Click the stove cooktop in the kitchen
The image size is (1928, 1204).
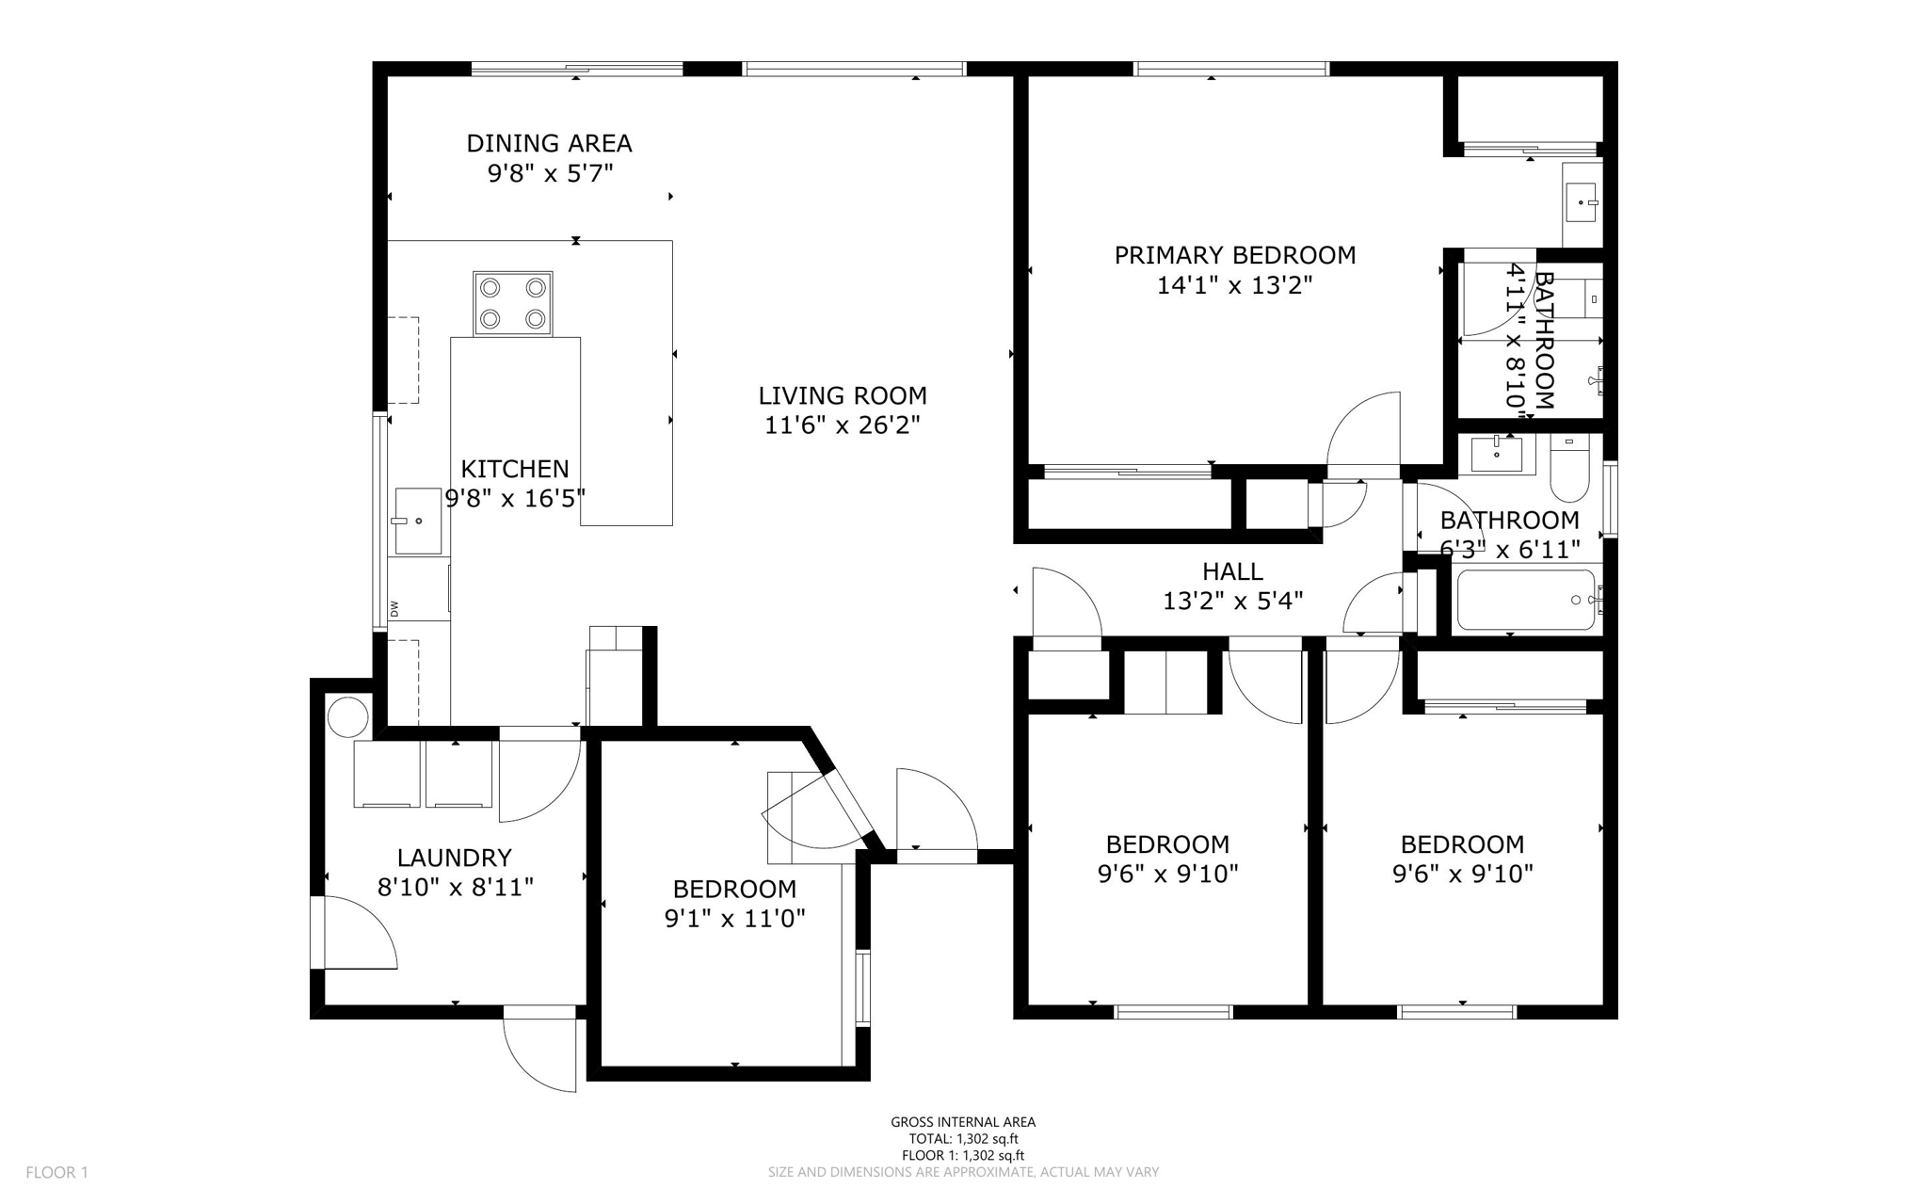[513, 303]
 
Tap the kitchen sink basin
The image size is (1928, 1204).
[418, 521]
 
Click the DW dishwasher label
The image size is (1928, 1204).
[394, 609]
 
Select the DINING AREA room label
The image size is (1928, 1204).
[549, 143]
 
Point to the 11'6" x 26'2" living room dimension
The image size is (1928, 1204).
[842, 425]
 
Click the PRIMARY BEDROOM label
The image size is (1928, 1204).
[1234, 255]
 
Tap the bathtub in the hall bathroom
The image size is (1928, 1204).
[1525, 600]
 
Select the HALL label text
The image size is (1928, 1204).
[1232, 571]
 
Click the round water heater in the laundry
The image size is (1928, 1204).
[347, 716]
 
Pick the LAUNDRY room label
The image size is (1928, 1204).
[454, 858]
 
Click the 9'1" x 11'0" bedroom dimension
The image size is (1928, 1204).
[734, 919]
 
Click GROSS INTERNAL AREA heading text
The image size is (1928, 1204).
[962, 1122]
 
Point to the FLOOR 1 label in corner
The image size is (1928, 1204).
[56, 1173]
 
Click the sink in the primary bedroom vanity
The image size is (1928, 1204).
[1582, 202]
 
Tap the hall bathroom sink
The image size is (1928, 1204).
[1496, 455]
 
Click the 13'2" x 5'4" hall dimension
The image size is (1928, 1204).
[1232, 601]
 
